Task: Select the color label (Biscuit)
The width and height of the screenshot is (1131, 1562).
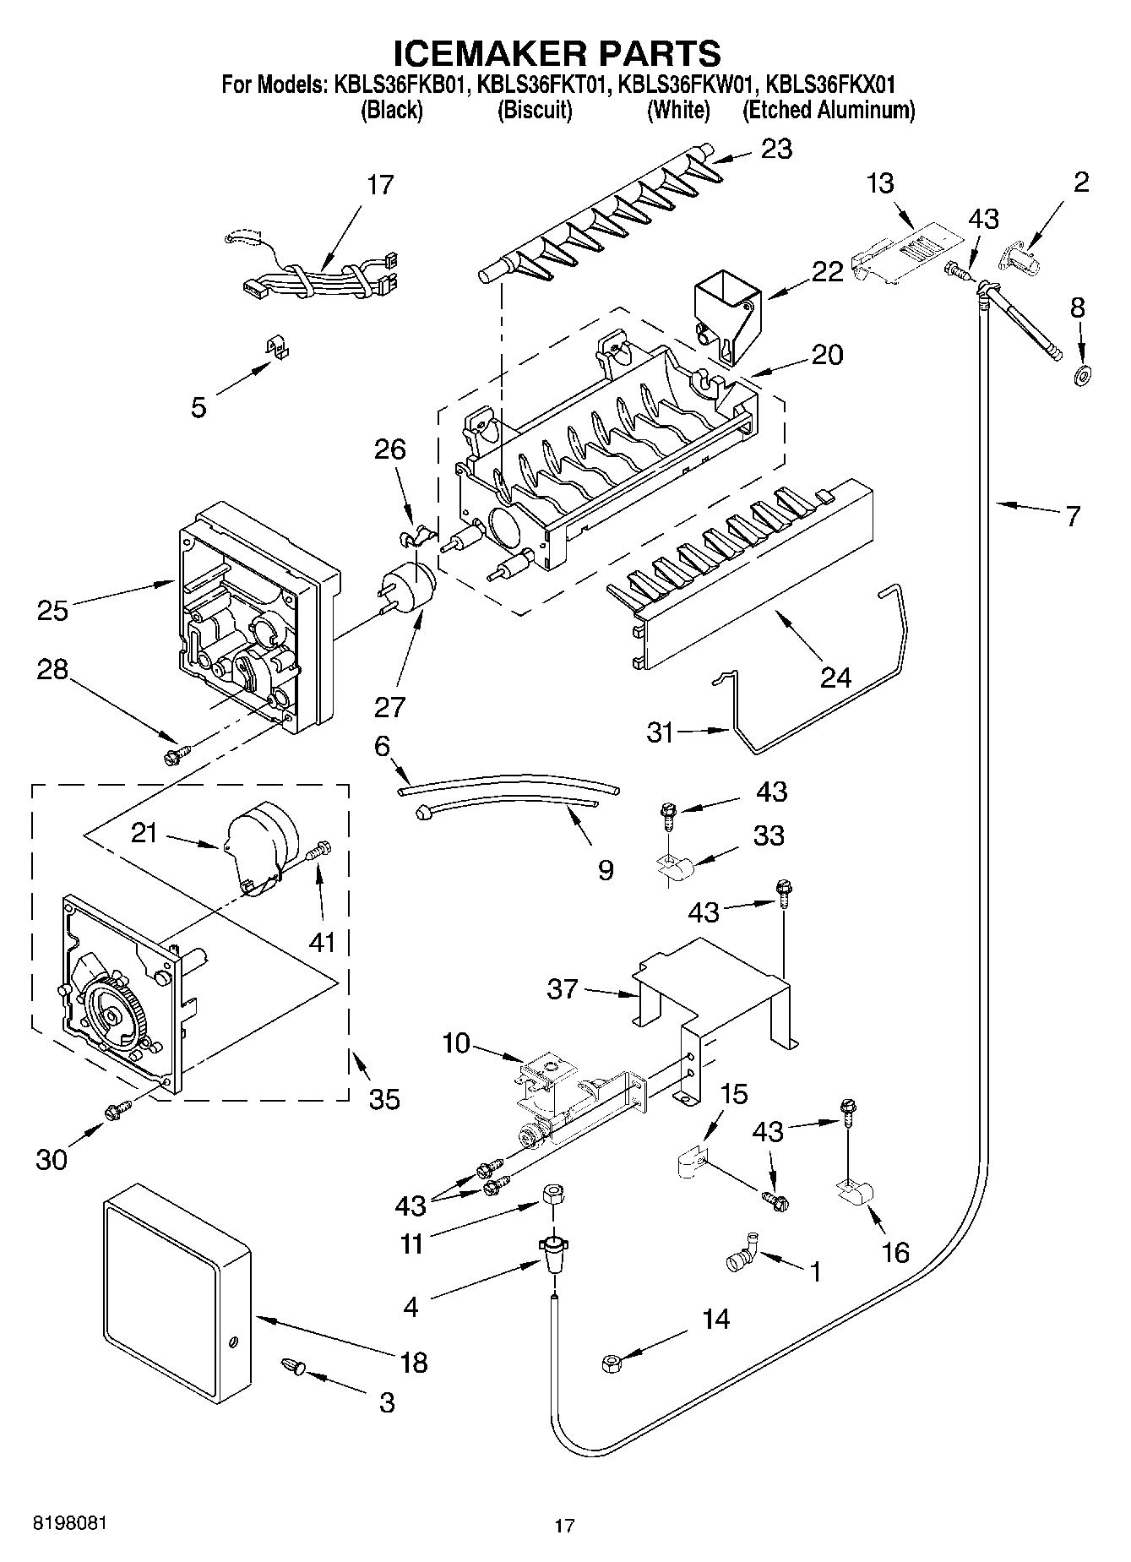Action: click(x=535, y=110)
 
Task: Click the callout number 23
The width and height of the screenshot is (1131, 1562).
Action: click(x=776, y=149)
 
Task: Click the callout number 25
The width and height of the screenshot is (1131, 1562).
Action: click(x=52, y=609)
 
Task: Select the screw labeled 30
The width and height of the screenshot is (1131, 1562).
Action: click(x=117, y=1112)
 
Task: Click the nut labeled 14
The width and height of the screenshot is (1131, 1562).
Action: click(x=610, y=1361)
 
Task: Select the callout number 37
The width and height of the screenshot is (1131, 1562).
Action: click(x=563, y=988)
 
